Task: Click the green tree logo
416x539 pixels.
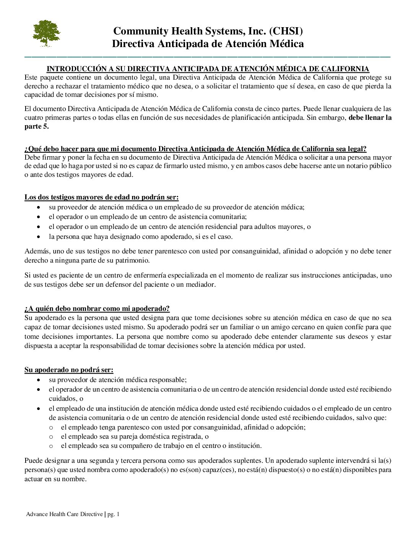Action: [x=46, y=33]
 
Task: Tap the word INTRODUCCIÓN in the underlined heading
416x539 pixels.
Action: [x=77, y=69]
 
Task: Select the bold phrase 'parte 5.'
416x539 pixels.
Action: [x=37, y=127]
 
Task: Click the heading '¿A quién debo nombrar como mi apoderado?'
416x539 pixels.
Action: [x=97, y=309]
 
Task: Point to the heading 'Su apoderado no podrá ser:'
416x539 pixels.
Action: [x=69, y=370]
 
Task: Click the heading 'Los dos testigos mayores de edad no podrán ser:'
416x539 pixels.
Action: [x=102, y=198]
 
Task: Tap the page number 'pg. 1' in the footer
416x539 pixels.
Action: [x=114, y=514]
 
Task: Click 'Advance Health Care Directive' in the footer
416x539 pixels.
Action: [x=64, y=514]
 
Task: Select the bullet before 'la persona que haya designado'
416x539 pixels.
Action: [x=39, y=237]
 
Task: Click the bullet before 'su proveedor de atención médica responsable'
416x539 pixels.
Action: [x=39, y=380]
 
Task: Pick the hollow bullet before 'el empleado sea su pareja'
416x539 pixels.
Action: [x=51, y=437]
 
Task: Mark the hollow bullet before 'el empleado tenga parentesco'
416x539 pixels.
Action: [x=51, y=427]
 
